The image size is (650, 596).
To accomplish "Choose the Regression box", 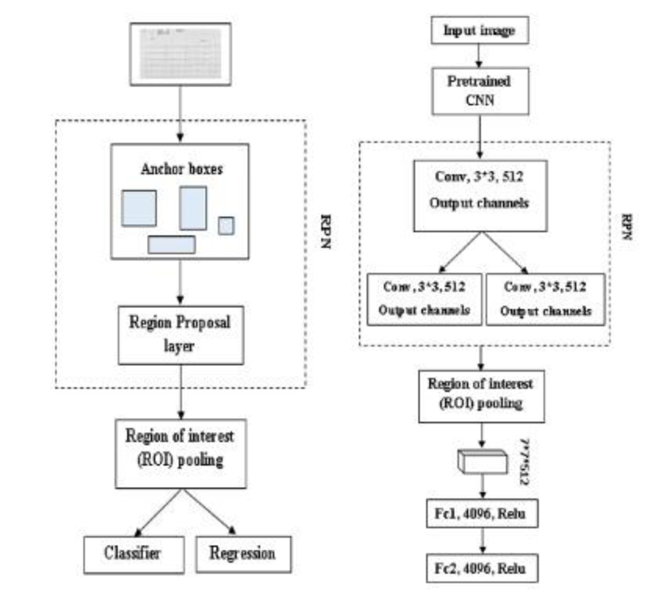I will [242, 554].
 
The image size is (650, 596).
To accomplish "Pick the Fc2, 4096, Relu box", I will [485, 568].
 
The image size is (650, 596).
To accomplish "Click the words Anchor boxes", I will [180, 172].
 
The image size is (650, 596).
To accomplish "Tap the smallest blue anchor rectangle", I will [226, 224].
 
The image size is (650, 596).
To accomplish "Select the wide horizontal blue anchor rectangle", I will [171, 244].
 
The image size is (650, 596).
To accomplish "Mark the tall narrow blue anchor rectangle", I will [193, 207].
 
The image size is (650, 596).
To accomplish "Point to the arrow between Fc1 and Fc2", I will [485, 542].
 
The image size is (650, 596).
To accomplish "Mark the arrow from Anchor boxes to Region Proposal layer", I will [180, 284].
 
